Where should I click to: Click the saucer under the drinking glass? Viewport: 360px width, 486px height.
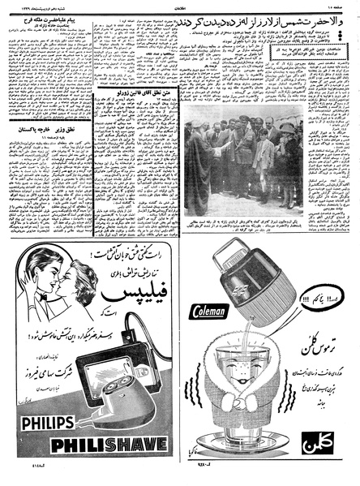click(256, 452)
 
